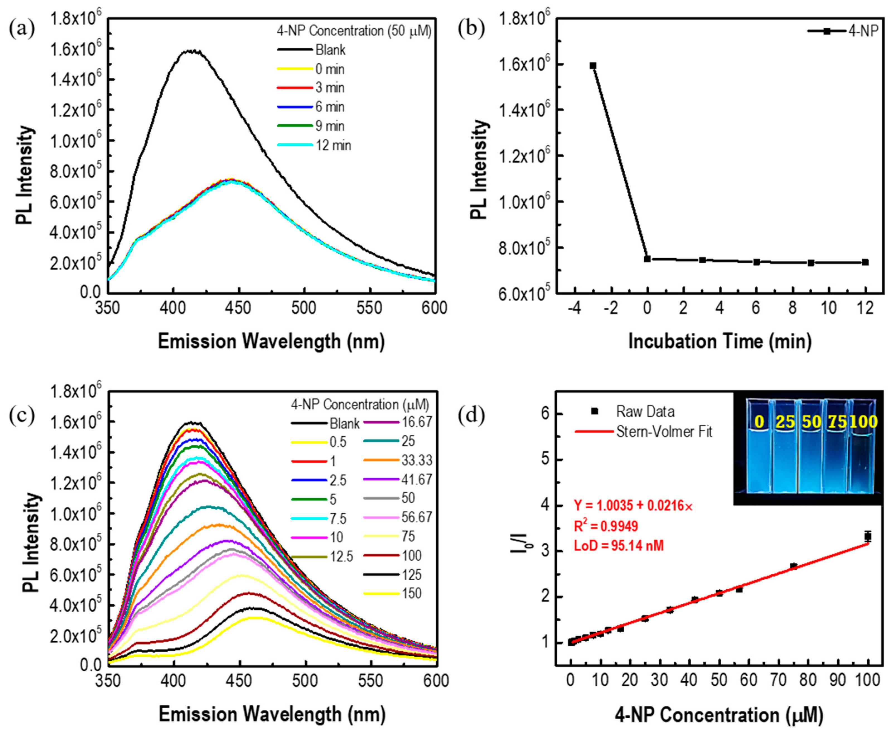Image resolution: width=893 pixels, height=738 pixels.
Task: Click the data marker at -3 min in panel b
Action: click(x=593, y=66)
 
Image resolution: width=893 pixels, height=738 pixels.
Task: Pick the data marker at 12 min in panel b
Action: click(x=865, y=262)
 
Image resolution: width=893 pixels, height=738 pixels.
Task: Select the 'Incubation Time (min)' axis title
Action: click(x=720, y=342)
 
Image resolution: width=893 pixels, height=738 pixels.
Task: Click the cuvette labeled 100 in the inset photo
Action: click(x=863, y=446)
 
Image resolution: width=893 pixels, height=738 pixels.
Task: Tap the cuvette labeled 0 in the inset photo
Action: click(x=759, y=446)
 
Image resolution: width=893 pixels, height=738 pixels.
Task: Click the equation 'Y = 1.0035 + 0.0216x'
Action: click(x=633, y=506)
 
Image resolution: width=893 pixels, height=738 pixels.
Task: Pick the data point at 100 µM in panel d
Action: click(x=868, y=537)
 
